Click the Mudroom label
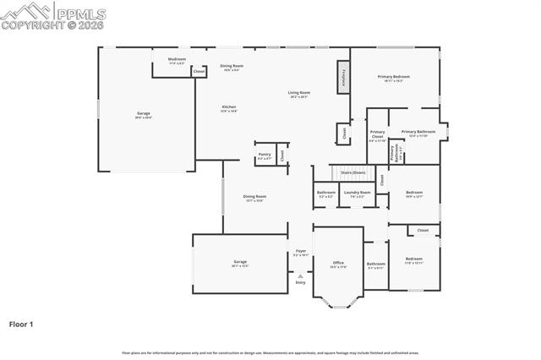coord(177,60)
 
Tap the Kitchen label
coord(229,107)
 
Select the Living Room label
coord(298,93)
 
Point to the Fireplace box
coord(344,77)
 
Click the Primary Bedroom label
coord(393,77)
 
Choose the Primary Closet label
coord(377,134)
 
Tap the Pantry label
coord(265,155)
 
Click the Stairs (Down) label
coord(352,172)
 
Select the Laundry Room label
coord(357,192)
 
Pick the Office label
coord(338,263)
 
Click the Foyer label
coord(300,251)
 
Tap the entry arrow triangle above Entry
coord(300,275)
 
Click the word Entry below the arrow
coord(300,282)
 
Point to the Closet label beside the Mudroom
coord(199,72)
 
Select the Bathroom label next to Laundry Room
coord(326,192)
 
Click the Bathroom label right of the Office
coord(376,264)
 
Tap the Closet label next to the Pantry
coord(282,155)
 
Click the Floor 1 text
coord(22,324)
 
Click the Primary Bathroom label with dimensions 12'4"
coord(418,132)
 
